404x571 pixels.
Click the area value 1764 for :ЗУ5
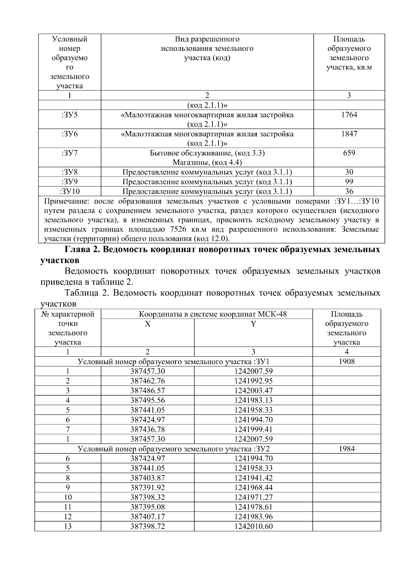pos(349,115)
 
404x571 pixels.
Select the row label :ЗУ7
pos(70,153)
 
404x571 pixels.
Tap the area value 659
pos(349,153)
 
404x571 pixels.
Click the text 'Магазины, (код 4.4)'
pos(207,163)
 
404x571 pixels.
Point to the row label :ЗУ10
pos(70,192)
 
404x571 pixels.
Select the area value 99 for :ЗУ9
pos(349,182)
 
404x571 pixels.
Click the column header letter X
pos(147,324)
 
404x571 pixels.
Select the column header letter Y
pos(253,324)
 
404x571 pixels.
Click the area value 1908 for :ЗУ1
pos(346,362)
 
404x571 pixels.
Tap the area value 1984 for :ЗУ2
pos(346,449)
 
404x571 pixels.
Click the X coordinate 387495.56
pos(147,400)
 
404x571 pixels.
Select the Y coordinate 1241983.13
pos(253,400)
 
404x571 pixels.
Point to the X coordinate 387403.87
pos(147,478)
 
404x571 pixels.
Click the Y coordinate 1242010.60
pos(253,526)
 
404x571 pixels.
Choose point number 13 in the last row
pos(68,526)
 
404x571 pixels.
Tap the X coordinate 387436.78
pos(147,429)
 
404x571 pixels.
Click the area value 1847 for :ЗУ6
pos(349,134)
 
